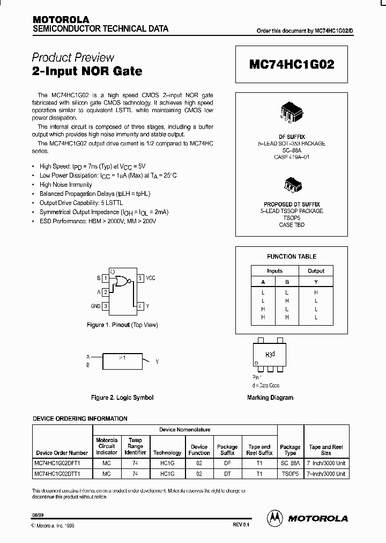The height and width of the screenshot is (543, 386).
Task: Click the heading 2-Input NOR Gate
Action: click(x=87, y=71)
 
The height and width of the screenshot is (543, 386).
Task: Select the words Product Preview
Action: click(x=73, y=57)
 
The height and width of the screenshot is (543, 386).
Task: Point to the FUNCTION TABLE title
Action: click(x=292, y=256)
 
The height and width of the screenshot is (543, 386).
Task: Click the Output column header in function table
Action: click(x=316, y=271)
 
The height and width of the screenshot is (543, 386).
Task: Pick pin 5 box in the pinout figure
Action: click(x=140, y=278)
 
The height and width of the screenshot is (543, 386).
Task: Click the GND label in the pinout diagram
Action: click(x=95, y=306)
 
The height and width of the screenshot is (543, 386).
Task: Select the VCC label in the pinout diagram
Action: click(x=151, y=278)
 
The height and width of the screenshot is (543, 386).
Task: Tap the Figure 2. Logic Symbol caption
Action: click(x=122, y=398)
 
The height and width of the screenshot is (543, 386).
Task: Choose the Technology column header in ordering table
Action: click(x=167, y=453)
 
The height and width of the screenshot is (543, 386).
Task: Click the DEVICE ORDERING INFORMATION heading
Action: click(x=80, y=419)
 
